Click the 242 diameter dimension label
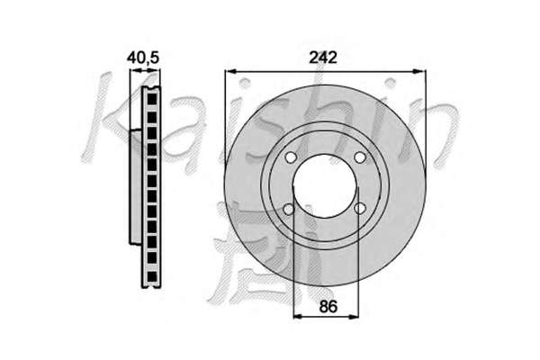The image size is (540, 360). click(323, 58)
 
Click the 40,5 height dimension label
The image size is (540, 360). click(143, 58)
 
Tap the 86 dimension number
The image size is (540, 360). click(328, 306)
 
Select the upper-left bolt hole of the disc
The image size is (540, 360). click(291, 157)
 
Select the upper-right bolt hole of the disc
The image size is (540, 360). click(359, 157)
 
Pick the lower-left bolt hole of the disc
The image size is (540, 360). click(289, 209)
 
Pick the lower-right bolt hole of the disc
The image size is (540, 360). click(360, 208)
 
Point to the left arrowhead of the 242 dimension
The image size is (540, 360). click(230, 71)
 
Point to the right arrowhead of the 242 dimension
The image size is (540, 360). click(419, 71)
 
